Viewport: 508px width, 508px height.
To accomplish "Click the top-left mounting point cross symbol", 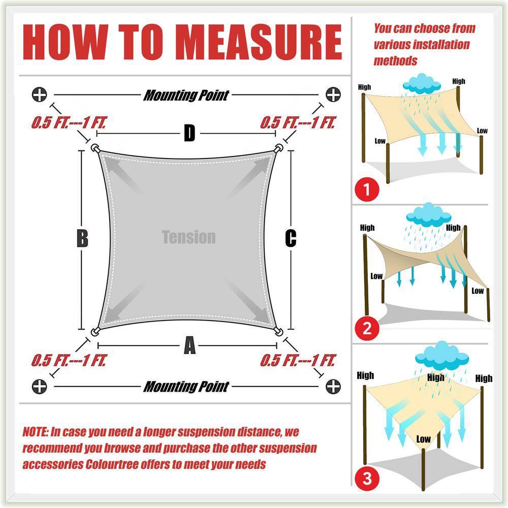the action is click(40, 94).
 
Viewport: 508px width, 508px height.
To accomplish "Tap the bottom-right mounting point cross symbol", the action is click(333, 387).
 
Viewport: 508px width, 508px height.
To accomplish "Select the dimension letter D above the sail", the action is click(189, 133).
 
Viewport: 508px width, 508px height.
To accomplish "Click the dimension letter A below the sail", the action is click(189, 345).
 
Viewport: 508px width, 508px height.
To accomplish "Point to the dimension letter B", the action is click(82, 238).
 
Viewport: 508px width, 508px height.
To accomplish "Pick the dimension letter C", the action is click(291, 238).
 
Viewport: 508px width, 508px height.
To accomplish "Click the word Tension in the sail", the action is click(188, 237).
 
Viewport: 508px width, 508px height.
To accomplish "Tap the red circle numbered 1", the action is click(367, 189).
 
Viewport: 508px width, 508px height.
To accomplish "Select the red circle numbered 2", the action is click(367, 328).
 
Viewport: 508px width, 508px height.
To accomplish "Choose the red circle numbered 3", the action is click(367, 478).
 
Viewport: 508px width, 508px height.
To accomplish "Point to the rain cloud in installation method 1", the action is click(422, 84).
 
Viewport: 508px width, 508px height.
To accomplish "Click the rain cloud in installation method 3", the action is click(441, 356).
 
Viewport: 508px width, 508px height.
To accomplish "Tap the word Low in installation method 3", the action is click(423, 439).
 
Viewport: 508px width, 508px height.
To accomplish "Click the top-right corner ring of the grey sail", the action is click(278, 149).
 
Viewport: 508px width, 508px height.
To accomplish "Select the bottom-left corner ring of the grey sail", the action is click(95, 331).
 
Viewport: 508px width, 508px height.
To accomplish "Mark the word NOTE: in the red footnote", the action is click(36, 431).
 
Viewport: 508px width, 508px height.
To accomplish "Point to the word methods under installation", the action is click(395, 60).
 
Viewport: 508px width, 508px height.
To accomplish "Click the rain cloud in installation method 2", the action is click(428, 215).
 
